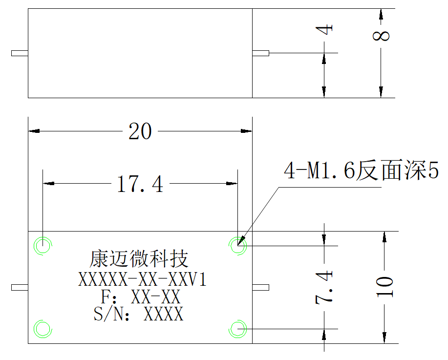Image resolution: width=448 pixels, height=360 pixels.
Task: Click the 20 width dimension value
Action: click(140, 131)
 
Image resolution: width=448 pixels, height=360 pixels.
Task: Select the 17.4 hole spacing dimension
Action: click(140, 184)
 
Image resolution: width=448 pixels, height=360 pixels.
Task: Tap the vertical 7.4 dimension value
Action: click(324, 287)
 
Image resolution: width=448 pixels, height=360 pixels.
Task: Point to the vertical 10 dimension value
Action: click(384, 287)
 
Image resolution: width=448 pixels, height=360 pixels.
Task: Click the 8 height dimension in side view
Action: click(381, 36)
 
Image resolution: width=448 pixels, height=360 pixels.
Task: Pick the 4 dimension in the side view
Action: click(324, 29)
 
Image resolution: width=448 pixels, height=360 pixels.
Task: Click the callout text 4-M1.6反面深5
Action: click(361, 170)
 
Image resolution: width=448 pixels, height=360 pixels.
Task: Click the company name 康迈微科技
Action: click(139, 259)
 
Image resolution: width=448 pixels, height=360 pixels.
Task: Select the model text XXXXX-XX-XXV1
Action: click(142, 279)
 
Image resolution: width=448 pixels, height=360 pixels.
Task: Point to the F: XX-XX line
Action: click(141, 296)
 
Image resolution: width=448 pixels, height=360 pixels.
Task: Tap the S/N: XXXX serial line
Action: click(139, 314)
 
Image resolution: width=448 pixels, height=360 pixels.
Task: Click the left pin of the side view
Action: click(20, 53)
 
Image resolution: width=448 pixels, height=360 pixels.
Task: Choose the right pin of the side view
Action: click(260, 53)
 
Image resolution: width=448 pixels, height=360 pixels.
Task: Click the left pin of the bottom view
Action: click(20, 287)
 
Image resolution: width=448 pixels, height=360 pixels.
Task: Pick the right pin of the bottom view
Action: click(260, 287)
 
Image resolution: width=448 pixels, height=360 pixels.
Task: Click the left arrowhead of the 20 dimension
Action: click(34, 131)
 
